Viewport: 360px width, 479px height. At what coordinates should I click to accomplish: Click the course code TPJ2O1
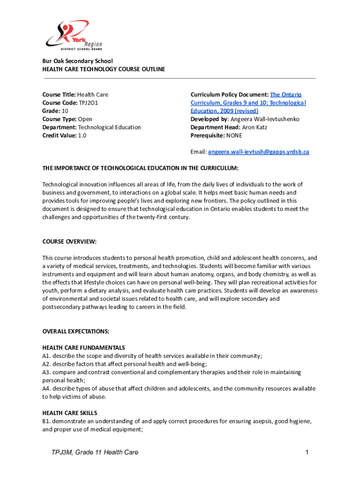(88, 102)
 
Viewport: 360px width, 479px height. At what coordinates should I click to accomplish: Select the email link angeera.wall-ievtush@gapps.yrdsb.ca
(259, 152)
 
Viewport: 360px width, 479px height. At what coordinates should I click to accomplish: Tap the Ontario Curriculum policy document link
(248, 102)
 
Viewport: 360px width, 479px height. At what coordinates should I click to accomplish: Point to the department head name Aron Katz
(255, 127)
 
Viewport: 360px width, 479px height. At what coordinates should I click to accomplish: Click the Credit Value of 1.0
(81, 136)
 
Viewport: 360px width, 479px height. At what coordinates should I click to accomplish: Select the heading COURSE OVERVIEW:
(69, 241)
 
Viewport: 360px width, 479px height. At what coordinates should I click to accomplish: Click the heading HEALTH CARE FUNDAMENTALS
(83, 348)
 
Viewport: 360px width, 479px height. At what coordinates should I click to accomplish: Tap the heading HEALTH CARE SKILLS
(70, 413)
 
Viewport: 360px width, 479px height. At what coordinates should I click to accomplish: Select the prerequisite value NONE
(234, 136)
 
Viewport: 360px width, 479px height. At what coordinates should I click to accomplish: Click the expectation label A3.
(46, 372)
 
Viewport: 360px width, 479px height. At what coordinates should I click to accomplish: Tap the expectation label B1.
(46, 421)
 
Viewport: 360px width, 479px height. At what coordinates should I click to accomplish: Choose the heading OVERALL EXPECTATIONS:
(76, 331)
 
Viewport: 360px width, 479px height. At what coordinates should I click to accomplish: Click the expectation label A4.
(46, 389)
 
